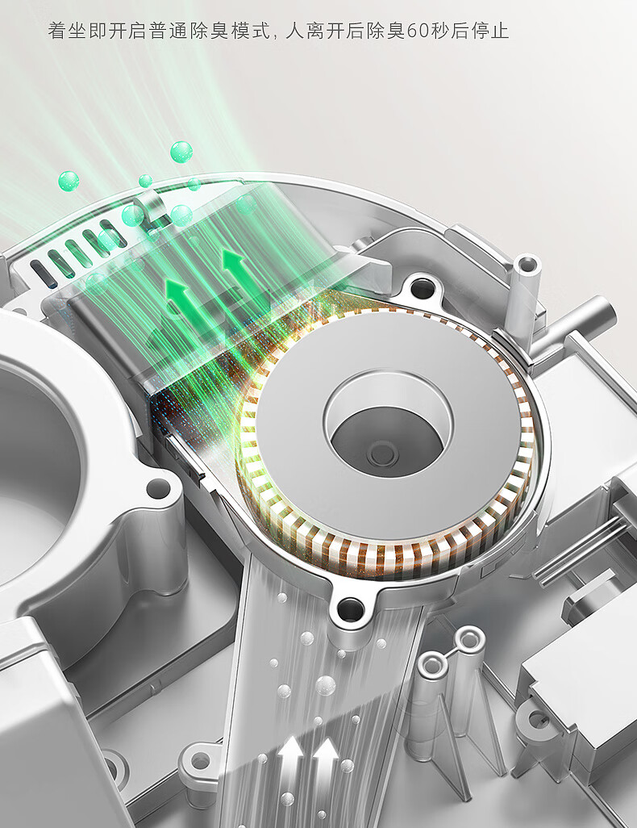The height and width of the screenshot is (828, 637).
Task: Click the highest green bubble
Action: (x=181, y=152)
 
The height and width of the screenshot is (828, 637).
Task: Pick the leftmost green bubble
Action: (x=69, y=181)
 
